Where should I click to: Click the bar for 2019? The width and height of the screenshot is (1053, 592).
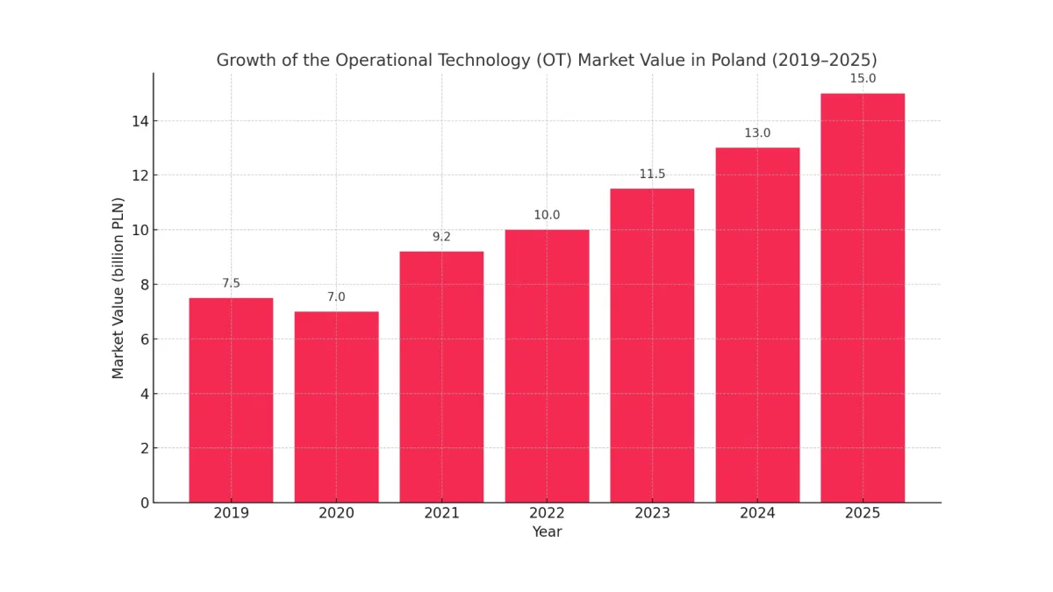(x=231, y=400)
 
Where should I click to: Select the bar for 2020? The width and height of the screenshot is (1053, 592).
(x=336, y=407)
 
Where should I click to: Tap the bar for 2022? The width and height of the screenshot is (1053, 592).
(x=547, y=366)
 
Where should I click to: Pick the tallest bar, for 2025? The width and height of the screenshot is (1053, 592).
(x=863, y=298)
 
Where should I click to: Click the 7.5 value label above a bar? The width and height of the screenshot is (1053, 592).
(x=231, y=283)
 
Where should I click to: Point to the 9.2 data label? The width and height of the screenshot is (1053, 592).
(x=441, y=237)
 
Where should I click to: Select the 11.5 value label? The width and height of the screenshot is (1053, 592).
(x=652, y=175)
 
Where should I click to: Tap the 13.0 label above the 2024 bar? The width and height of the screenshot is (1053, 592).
(x=757, y=133)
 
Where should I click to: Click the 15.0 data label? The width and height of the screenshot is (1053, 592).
(x=863, y=79)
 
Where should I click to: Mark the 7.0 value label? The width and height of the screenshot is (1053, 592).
(x=336, y=297)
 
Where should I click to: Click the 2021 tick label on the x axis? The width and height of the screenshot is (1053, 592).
(x=441, y=514)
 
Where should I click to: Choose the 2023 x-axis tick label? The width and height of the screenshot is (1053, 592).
(x=652, y=514)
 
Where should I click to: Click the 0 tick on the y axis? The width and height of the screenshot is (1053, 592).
(x=145, y=503)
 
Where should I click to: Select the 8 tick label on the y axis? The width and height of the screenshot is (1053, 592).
(x=145, y=284)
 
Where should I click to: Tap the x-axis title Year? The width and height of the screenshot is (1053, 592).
(x=547, y=532)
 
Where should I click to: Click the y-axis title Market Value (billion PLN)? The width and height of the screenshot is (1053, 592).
(x=118, y=288)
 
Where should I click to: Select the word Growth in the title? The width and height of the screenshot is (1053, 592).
(x=244, y=61)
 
